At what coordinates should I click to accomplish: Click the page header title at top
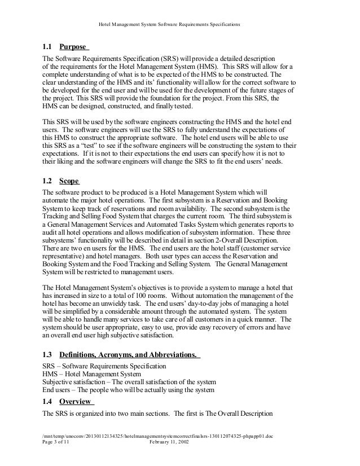(169, 25)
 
